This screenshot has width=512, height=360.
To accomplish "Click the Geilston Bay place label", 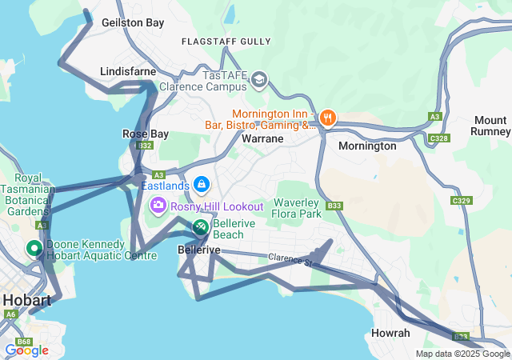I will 133,23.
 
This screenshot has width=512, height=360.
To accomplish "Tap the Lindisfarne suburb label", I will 128,72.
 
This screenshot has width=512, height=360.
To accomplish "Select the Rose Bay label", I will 145,134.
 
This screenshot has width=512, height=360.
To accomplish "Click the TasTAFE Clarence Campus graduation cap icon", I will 259,79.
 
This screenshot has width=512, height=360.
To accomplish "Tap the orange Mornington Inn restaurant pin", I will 327,119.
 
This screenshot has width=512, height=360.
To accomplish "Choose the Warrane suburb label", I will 262,138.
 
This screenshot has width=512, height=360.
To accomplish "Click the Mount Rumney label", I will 490,126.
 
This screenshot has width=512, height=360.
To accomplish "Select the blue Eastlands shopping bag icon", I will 202,186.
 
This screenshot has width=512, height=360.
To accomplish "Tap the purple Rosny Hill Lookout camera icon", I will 158,206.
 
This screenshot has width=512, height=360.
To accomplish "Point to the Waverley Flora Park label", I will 298,208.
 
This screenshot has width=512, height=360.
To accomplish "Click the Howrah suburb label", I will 391,333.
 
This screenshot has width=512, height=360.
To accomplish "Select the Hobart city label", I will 26,301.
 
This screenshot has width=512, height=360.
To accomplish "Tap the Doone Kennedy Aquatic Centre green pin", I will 34,249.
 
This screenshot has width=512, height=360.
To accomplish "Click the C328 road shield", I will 438,138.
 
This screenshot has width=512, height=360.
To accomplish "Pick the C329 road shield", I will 461,200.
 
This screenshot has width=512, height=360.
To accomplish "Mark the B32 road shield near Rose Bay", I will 144,146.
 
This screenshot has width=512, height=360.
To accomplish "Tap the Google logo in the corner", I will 26,350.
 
